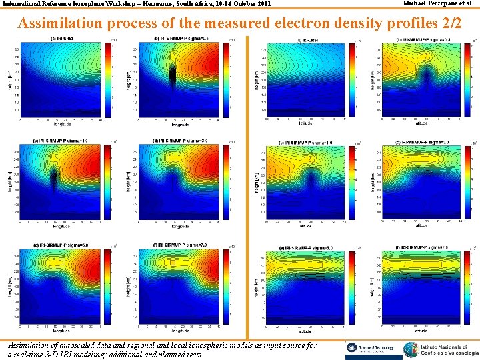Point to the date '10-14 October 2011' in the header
pyautogui.click(x=239, y=5)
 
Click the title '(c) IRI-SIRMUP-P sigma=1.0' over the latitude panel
pyautogui.click(x=308, y=143)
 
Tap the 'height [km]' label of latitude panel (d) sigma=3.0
pyautogui.click(x=373, y=180)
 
